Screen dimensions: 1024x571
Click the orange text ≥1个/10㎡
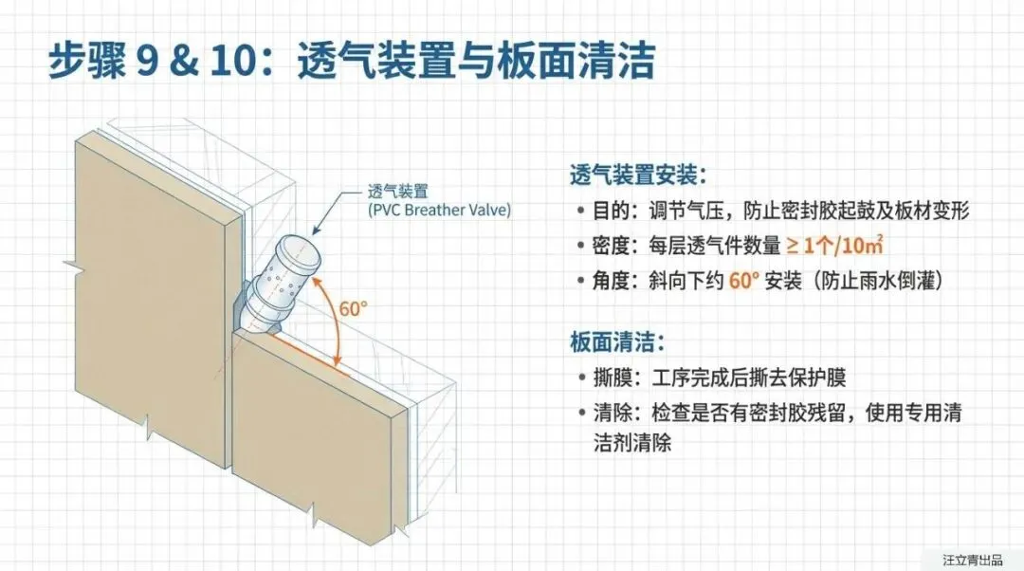[x=834, y=246]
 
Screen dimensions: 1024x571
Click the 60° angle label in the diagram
[x=353, y=308]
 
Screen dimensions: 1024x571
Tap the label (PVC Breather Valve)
[x=438, y=210]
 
